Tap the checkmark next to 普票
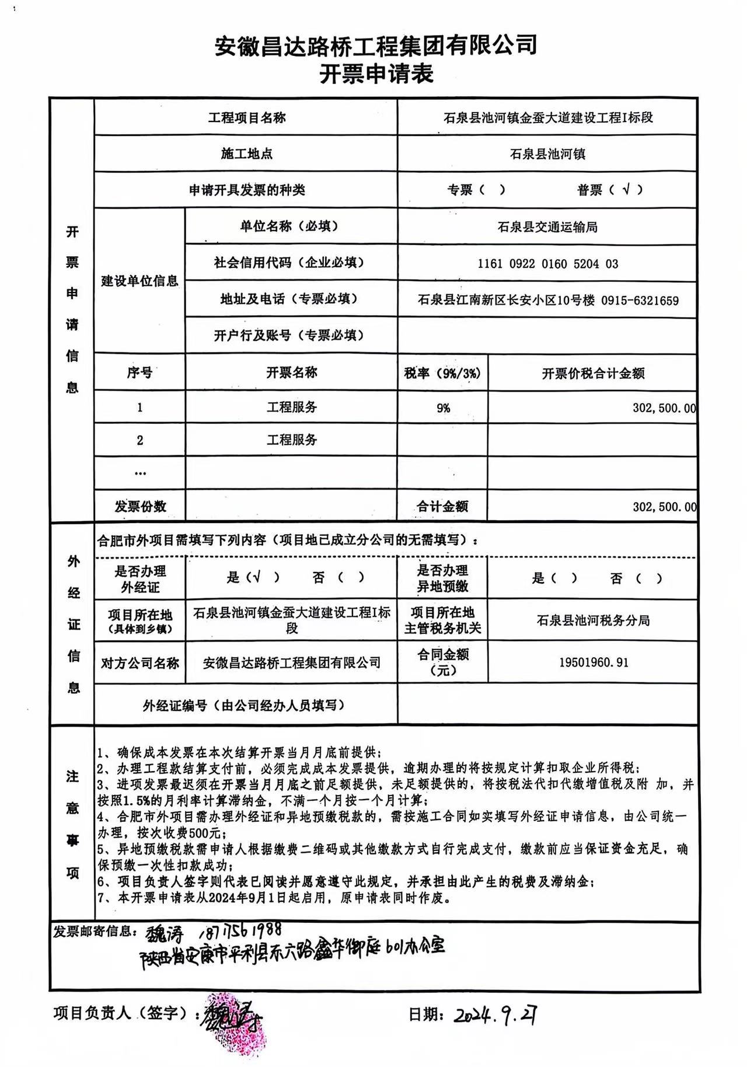coord(626,189)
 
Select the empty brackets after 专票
coord(492,190)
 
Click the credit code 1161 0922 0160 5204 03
coord(547,264)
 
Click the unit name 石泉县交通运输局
coord(547,227)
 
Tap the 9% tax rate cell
coord(443,408)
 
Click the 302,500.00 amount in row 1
coord(664,408)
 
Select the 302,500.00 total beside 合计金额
coord(664,507)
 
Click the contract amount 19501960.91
coord(594,662)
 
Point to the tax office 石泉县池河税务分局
coord(593,620)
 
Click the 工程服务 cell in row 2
coord(291,440)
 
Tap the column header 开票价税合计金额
coord(593,374)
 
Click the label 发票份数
coord(140,506)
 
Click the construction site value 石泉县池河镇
coord(547,154)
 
